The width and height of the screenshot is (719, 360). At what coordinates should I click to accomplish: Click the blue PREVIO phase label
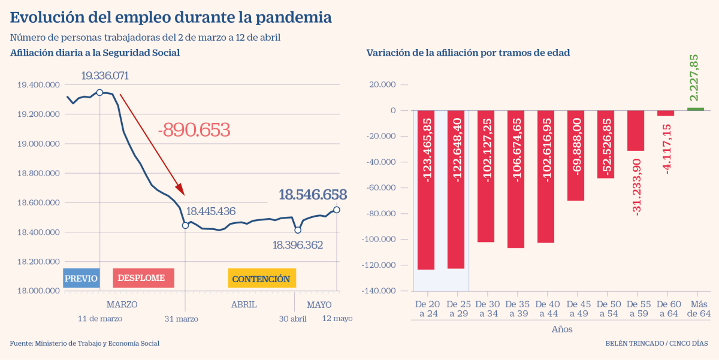tap(81, 279)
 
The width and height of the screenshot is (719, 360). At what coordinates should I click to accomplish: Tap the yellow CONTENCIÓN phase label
tap(261, 279)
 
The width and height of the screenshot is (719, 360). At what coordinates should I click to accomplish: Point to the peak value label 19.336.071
tap(105, 76)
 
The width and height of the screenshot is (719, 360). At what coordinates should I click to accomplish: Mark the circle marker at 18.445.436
tap(185, 225)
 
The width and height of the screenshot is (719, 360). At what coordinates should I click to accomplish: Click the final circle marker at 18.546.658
tap(337, 210)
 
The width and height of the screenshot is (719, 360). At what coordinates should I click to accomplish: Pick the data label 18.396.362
tap(298, 244)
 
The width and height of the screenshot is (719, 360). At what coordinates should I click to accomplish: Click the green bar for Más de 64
tap(695, 109)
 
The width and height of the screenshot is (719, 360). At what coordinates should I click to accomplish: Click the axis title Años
tap(561, 329)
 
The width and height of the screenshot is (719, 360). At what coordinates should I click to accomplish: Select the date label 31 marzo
tap(181, 319)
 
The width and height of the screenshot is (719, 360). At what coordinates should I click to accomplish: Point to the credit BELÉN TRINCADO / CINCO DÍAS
tap(656, 343)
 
